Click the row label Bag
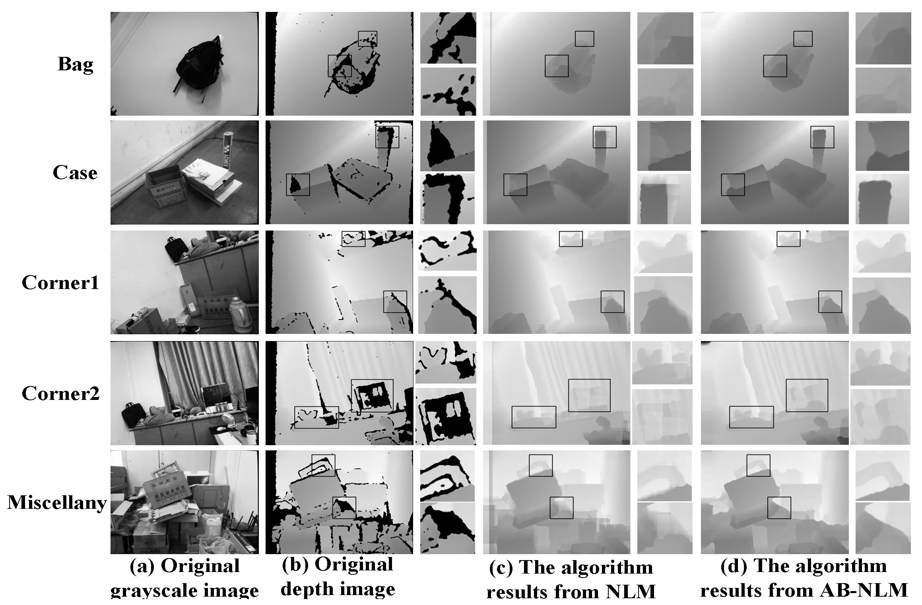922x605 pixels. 75,64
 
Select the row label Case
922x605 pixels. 75,173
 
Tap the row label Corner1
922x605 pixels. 60,283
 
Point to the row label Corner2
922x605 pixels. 60,394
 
